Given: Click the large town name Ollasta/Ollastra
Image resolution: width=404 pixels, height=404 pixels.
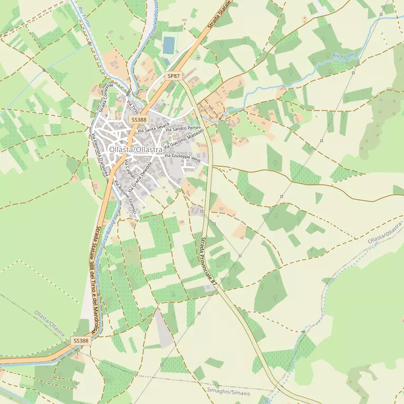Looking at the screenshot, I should coord(135,150).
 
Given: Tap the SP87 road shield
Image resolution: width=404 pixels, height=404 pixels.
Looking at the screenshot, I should coord(174,76).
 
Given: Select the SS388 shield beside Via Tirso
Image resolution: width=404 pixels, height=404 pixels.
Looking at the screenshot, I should coord(139,120).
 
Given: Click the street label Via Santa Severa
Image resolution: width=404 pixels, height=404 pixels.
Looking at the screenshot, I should coord(153,127).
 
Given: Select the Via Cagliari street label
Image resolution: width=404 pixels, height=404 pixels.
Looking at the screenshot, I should coord(129,169).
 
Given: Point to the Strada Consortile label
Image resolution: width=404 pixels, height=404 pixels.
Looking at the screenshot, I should coord(106,98).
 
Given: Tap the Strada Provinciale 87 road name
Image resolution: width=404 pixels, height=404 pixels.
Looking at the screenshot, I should coord(208,261).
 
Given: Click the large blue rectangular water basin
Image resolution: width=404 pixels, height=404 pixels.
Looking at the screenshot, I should coord(168,45).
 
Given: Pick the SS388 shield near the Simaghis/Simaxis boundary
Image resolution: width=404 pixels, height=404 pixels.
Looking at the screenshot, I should coord(81,341).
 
